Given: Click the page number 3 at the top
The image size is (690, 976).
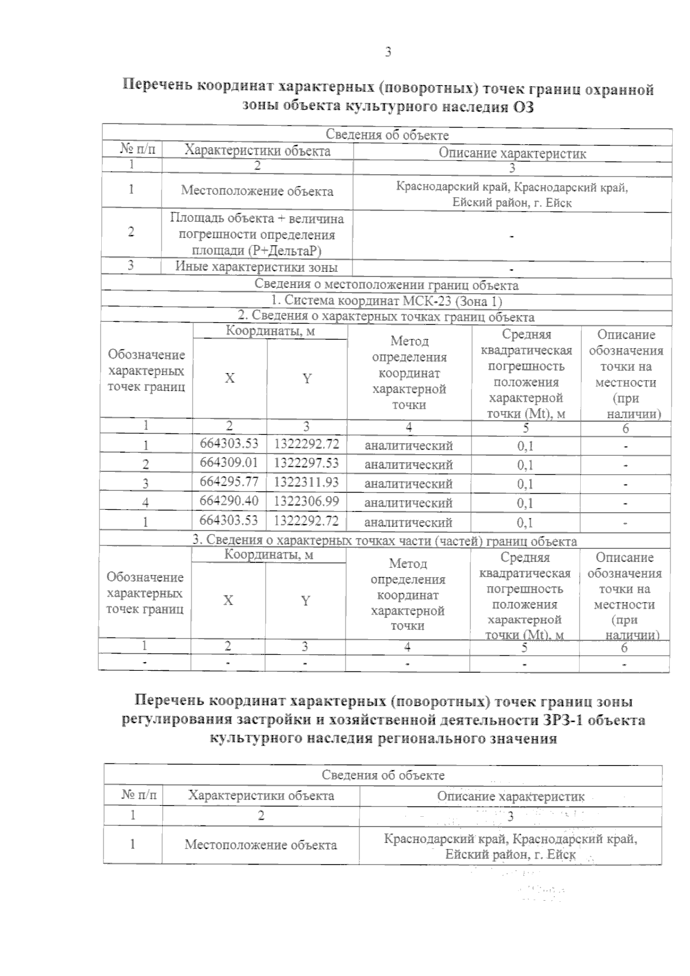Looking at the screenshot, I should click(x=388, y=52).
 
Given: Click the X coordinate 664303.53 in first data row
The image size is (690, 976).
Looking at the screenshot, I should click(x=229, y=444).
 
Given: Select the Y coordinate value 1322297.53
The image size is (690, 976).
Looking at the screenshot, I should click(x=306, y=463).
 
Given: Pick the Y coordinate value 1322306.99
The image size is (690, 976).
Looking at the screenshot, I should click(x=306, y=501).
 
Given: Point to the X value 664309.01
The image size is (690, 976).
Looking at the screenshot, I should click(x=229, y=463).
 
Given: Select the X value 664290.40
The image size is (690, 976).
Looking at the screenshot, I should click(x=229, y=501).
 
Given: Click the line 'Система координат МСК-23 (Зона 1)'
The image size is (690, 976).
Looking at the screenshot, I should click(x=386, y=301).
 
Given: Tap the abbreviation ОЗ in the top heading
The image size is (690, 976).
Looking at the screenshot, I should click(x=520, y=107).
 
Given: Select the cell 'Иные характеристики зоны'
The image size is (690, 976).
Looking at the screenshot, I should click(x=256, y=267).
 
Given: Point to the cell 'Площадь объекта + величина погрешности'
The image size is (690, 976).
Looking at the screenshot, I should click(x=256, y=235).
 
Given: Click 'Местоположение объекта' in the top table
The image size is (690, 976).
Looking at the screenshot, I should click(x=256, y=191).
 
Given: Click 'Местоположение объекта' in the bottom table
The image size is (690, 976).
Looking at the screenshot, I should click(x=260, y=844).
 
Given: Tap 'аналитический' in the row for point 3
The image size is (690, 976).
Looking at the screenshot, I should click(x=408, y=484).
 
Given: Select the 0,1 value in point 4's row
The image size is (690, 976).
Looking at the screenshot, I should click(x=524, y=504).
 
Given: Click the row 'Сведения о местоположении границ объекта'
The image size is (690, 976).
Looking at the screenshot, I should click(x=386, y=285).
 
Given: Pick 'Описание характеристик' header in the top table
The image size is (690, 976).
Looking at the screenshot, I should click(x=512, y=153).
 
